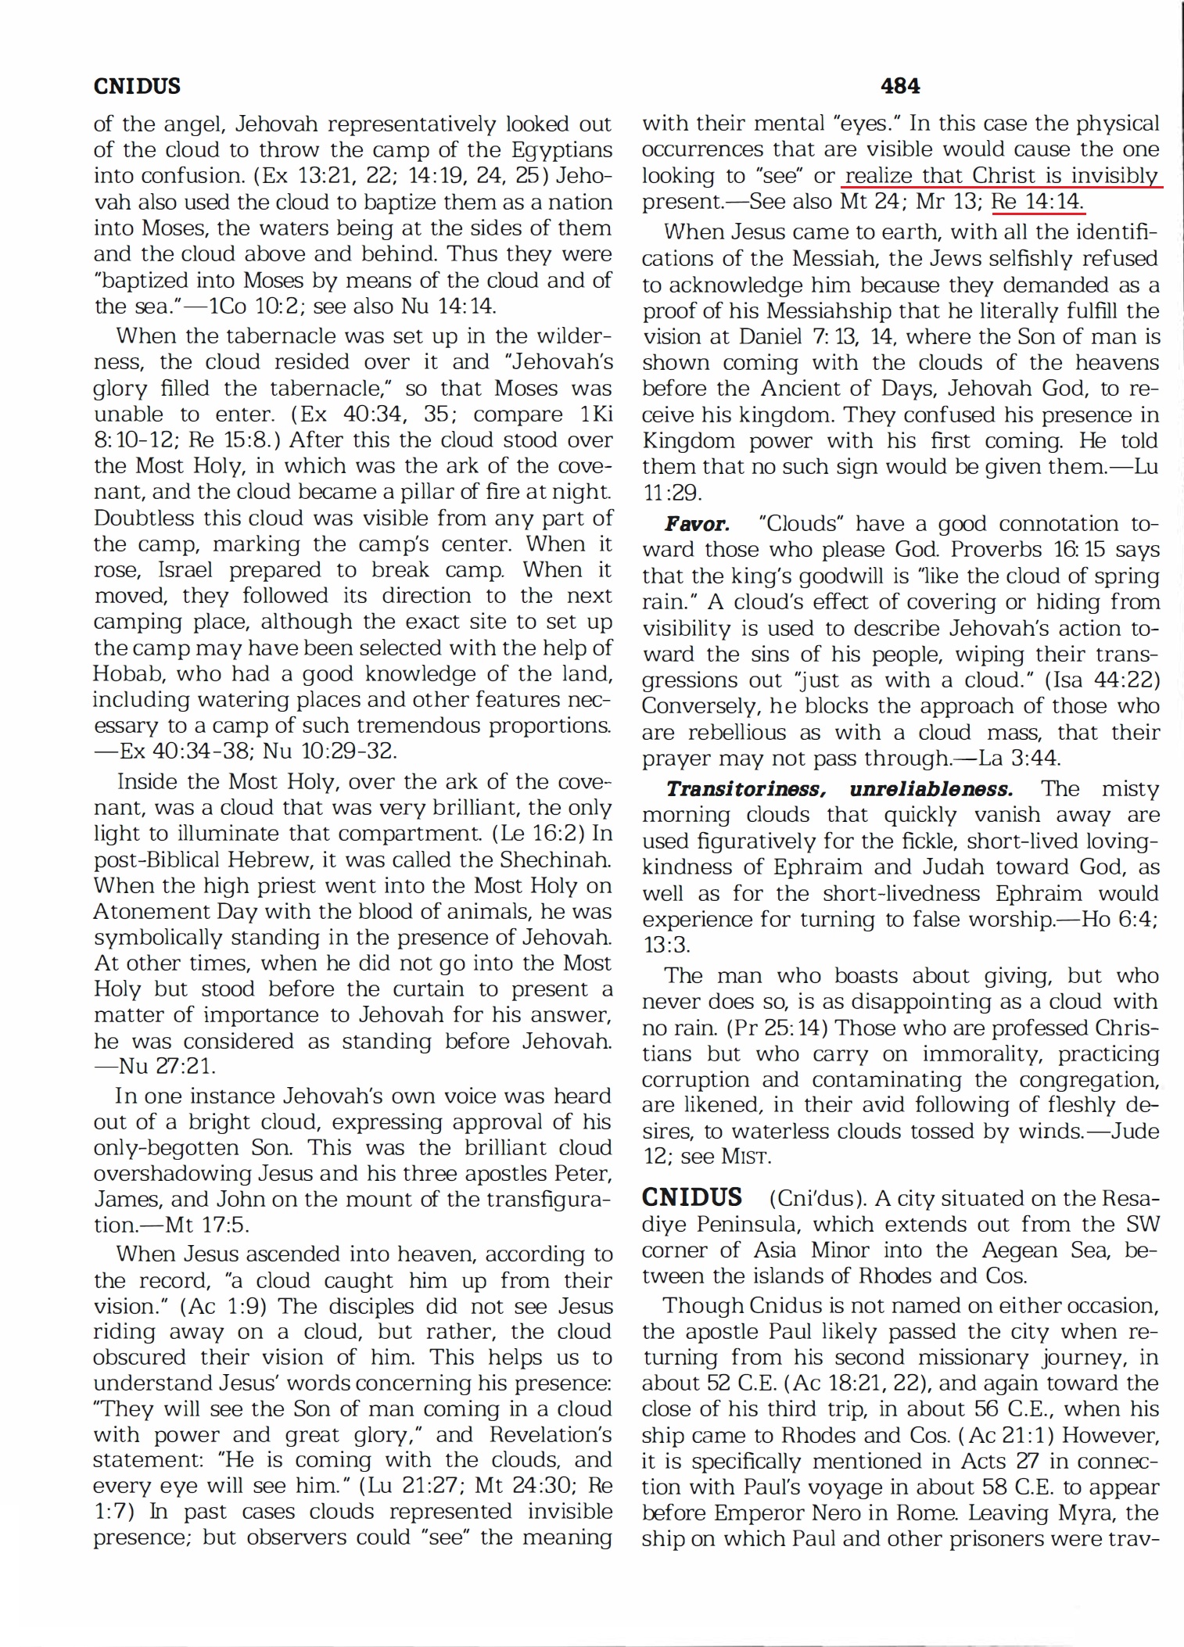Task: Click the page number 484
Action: coord(899,86)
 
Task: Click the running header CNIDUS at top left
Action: coord(137,86)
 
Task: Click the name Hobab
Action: coord(127,673)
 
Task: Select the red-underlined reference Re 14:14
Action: coord(1037,202)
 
